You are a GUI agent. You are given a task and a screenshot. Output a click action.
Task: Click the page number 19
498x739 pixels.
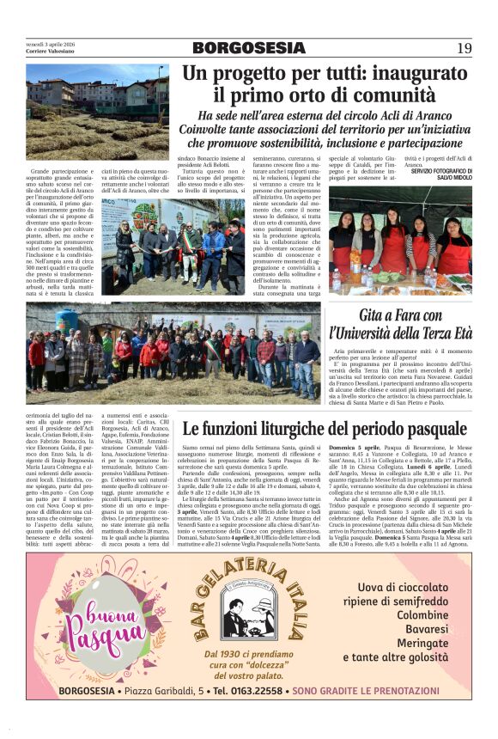[x=464, y=48]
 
